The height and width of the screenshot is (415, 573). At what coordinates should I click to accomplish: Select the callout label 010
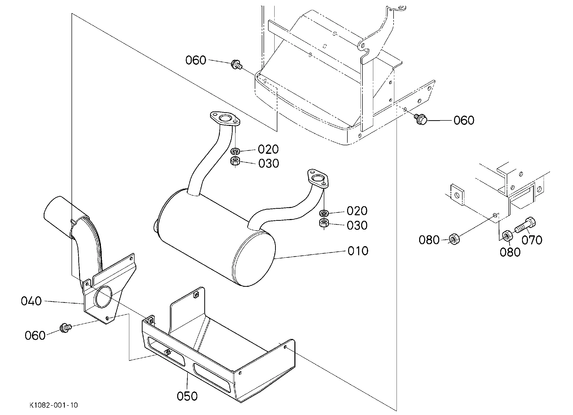coord(358,251)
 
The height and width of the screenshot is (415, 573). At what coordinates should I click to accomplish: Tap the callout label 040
coord(31,301)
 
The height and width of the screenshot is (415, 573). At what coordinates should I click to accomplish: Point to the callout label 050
coord(187,396)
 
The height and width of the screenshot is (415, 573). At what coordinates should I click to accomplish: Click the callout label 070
coord(532,240)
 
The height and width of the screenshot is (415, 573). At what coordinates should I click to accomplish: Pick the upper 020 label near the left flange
coord(268,149)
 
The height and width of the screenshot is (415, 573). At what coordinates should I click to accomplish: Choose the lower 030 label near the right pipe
coord(357,225)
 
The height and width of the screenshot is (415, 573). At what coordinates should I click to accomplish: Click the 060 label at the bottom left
coord(35,335)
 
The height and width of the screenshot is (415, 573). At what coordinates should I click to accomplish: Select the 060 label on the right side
coord(464,120)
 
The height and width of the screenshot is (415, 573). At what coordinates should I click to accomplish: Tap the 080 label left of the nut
coord(429,240)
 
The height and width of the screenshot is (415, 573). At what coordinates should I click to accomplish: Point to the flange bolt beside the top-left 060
coord(237,64)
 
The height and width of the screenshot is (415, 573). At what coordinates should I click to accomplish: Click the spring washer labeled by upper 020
coord(235,151)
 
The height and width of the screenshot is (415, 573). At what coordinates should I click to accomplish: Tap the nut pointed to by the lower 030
coord(324,223)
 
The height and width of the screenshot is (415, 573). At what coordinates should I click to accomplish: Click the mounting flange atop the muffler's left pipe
coord(225,119)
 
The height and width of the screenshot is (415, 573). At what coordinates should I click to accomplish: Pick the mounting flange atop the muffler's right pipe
coord(318,179)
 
